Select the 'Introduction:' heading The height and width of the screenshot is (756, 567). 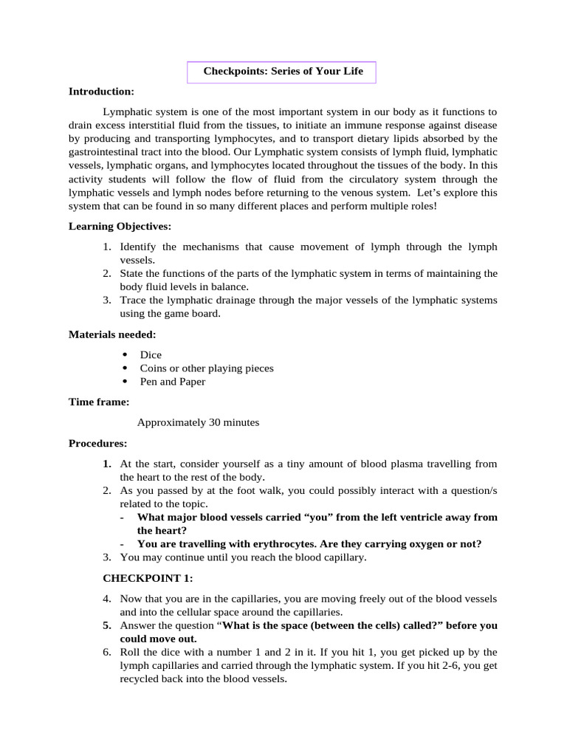(101, 92)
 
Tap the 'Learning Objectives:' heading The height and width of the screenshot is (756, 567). (120, 226)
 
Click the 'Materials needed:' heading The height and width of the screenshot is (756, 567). (112, 334)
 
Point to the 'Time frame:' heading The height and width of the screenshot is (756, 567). (99, 402)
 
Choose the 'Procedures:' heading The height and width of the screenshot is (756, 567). (97, 443)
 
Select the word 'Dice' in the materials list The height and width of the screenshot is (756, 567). (151, 354)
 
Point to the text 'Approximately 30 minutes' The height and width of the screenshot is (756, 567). (198, 422)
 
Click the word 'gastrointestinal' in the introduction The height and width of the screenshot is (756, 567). (104, 152)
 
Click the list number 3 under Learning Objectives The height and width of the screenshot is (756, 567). (107, 300)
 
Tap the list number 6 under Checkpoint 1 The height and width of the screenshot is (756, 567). (107, 652)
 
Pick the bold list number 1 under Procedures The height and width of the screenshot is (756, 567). (107, 464)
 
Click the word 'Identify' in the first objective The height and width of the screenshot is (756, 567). (137, 247)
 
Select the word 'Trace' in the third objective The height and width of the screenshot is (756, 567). (133, 300)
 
